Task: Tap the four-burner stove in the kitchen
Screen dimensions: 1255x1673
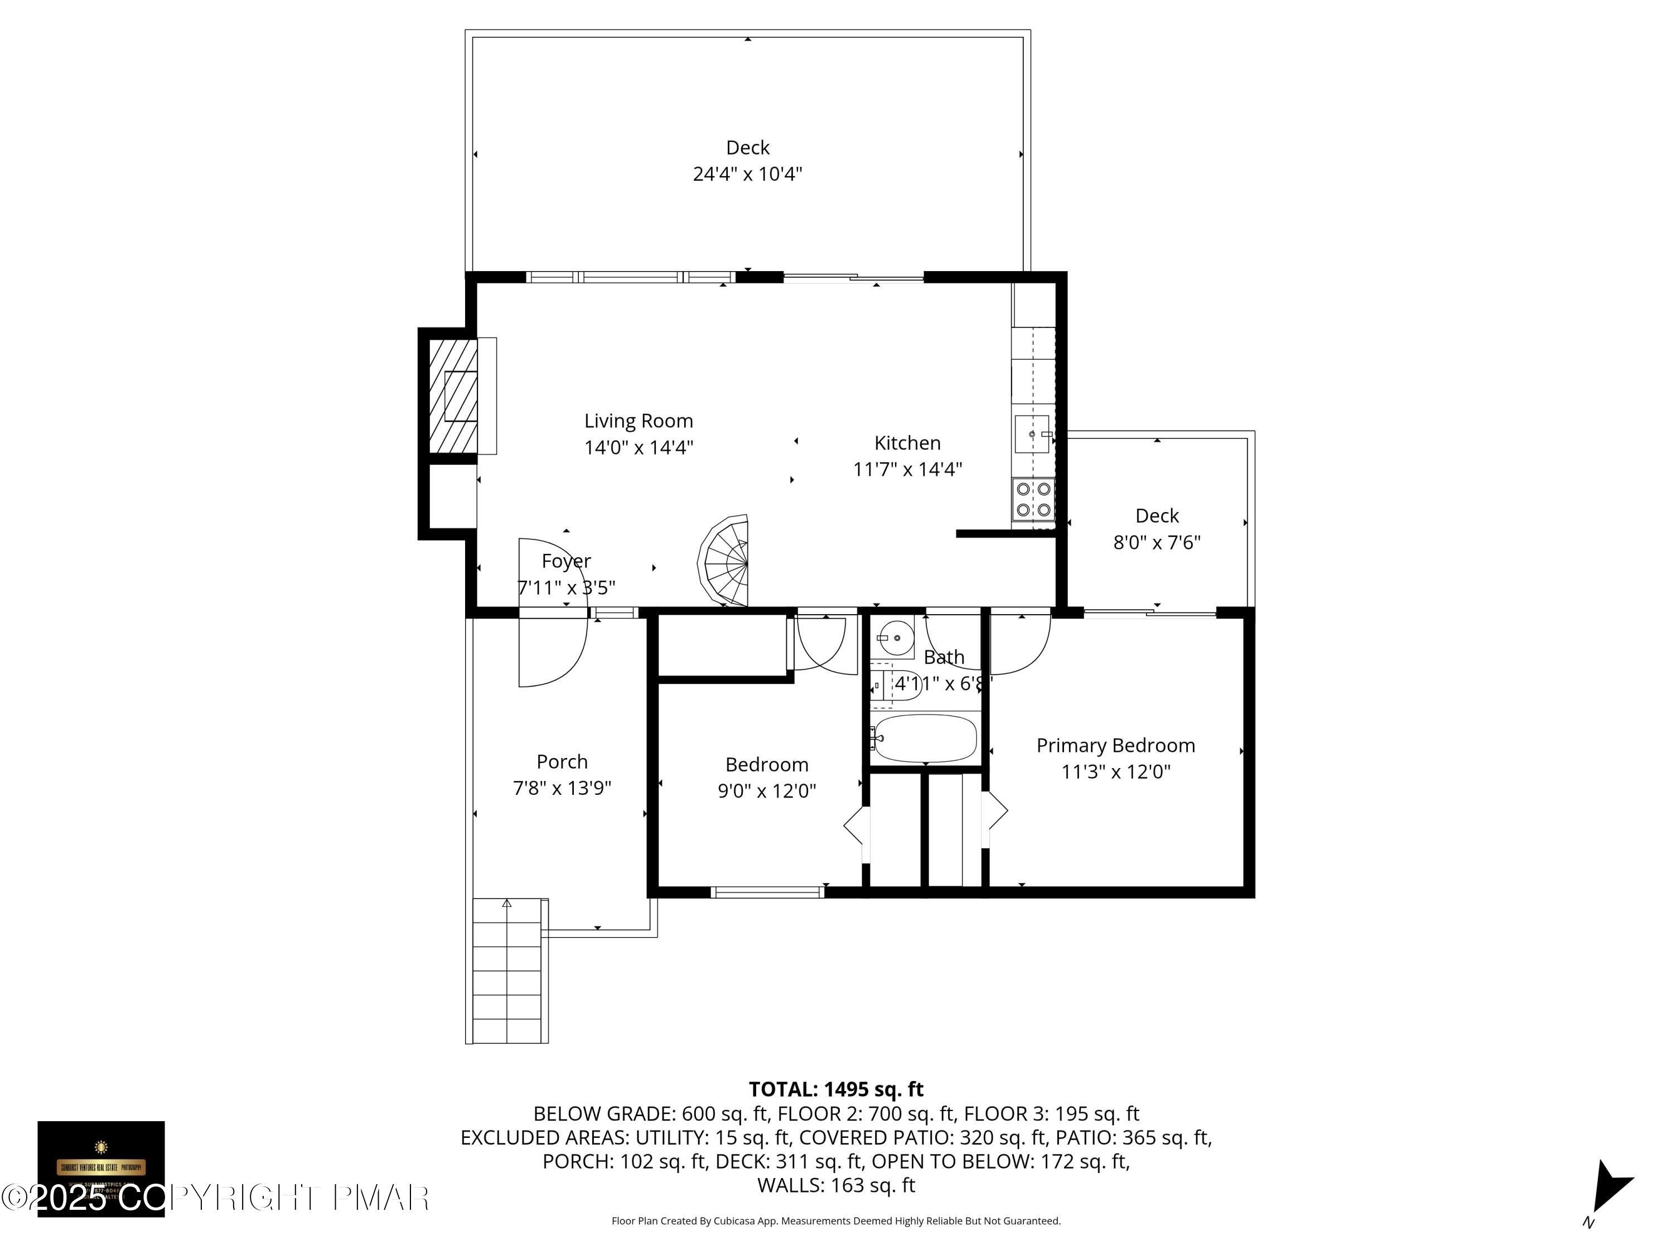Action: click(x=1033, y=499)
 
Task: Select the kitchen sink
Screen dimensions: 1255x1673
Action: click(x=1032, y=434)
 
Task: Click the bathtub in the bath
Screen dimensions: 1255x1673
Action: click(x=924, y=738)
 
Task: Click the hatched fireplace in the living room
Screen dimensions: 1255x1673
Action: click(x=453, y=395)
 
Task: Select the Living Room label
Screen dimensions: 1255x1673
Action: click(x=639, y=421)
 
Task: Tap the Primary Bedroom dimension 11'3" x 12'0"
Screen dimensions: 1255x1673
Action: click(x=1115, y=771)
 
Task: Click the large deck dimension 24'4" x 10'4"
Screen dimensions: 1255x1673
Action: click(x=747, y=174)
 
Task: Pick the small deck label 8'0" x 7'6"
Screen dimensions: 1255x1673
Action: click(x=1157, y=542)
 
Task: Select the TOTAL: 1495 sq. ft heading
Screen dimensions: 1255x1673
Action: click(x=836, y=1089)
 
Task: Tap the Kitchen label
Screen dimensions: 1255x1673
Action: click(x=907, y=442)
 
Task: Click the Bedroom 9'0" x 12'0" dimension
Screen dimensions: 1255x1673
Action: click(x=766, y=790)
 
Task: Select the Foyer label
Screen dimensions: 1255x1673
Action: click(x=565, y=561)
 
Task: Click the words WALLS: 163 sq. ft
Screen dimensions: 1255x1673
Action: click(x=836, y=1185)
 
